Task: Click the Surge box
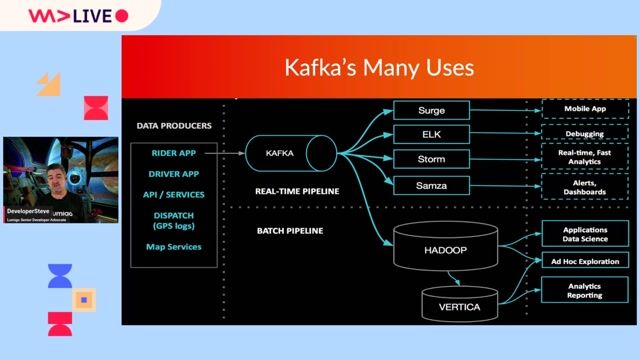click(431, 109)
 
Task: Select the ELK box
click(431, 134)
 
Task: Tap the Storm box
click(431, 159)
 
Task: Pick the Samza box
click(431, 185)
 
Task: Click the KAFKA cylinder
click(291, 152)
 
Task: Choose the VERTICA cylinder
click(460, 303)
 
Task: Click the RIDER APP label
click(174, 153)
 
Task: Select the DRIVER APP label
click(174, 173)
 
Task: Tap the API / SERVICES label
click(174, 194)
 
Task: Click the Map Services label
click(174, 246)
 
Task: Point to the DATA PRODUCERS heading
click(174, 126)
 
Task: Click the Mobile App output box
click(585, 108)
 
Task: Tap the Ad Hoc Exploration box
click(585, 261)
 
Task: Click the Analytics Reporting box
click(585, 291)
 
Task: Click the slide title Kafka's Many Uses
click(379, 69)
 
